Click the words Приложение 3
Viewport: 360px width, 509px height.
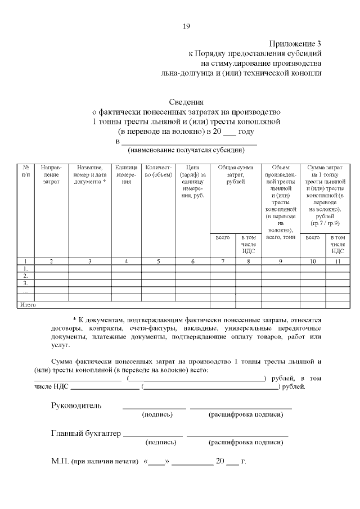point(295,43)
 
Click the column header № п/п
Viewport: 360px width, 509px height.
point(26,171)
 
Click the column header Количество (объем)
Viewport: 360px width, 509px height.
point(158,171)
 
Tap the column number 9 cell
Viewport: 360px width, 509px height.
point(281,261)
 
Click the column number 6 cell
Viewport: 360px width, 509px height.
point(192,261)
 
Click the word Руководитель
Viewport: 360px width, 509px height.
point(76,405)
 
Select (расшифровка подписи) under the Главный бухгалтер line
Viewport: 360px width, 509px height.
point(246,443)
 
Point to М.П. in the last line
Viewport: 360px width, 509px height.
point(59,462)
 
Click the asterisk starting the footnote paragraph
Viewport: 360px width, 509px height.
point(75,319)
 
